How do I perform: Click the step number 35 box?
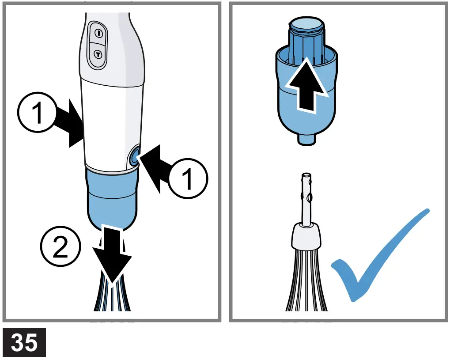tap(24, 342)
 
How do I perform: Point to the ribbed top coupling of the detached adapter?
tap(306, 35)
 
